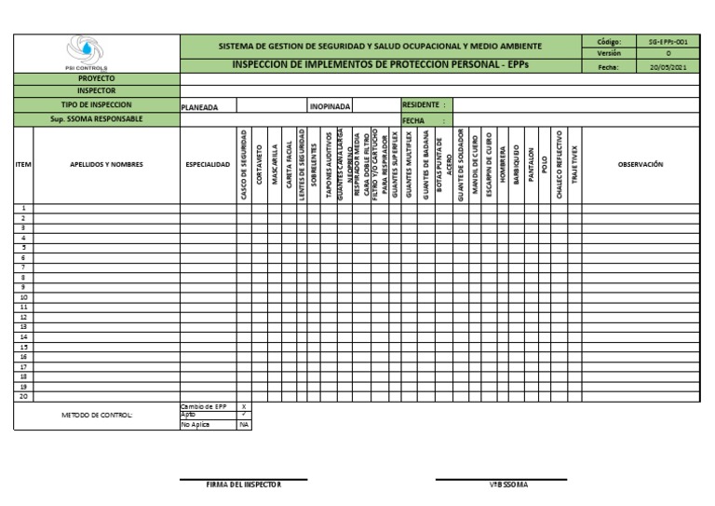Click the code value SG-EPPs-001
pos(668,42)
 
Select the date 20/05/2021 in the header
pos(668,67)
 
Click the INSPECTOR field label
pos(96,91)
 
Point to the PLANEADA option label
pos(199,106)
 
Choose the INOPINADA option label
pos(330,106)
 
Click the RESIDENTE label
pos(424,105)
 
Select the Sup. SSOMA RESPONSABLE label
pos(96,119)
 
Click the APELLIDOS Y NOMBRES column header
pos(106,164)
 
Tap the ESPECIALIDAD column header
pos(207,164)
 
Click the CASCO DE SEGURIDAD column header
pos(244,164)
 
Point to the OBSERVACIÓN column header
pos(641,164)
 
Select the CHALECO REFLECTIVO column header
pos(560,164)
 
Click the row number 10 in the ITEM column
pos(23,297)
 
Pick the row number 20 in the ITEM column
pos(23,396)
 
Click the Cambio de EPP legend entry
pos(203,406)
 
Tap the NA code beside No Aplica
pos(244,425)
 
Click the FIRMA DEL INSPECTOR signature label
pos(243,485)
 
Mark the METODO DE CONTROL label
pos(97,415)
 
